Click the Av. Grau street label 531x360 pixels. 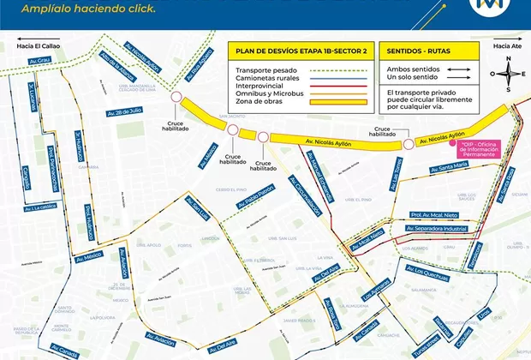(41, 61)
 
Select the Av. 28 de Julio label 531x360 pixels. (125, 111)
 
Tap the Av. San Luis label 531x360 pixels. (199, 210)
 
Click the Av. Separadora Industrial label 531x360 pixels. (438, 229)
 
